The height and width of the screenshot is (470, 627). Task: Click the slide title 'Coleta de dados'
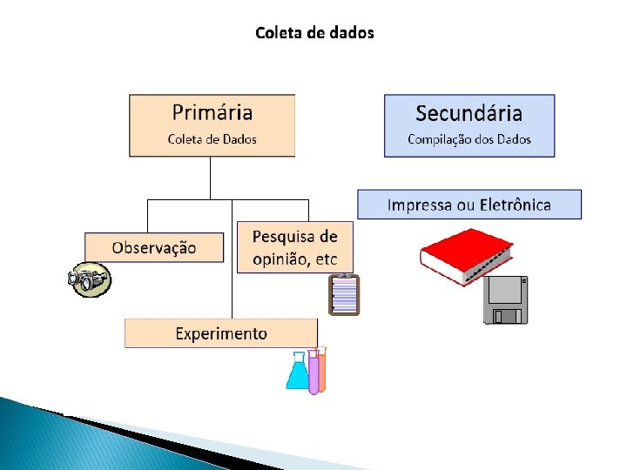[x=314, y=33]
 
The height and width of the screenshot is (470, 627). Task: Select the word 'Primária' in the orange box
[x=212, y=112]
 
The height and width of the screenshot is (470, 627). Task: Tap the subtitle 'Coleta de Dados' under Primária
[x=212, y=139]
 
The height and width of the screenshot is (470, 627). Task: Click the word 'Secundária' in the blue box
[x=469, y=113]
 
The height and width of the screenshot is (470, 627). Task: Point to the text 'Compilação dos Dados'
[x=469, y=139]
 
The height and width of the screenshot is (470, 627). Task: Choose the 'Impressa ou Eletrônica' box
[x=469, y=205]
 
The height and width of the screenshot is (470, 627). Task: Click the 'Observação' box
[x=154, y=247]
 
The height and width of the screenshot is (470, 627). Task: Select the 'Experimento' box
[x=221, y=333]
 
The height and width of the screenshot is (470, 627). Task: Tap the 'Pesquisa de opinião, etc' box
[x=294, y=247]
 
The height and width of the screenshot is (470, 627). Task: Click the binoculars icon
[x=90, y=279]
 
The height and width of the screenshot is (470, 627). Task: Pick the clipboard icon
[x=344, y=294]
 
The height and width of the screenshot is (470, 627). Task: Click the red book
[x=465, y=254]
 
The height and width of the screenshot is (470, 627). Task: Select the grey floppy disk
[x=506, y=299]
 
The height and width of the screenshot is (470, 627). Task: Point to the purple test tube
[x=313, y=373]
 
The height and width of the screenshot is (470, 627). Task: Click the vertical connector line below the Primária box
[x=211, y=178]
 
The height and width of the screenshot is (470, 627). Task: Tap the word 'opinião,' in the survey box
[x=283, y=258]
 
